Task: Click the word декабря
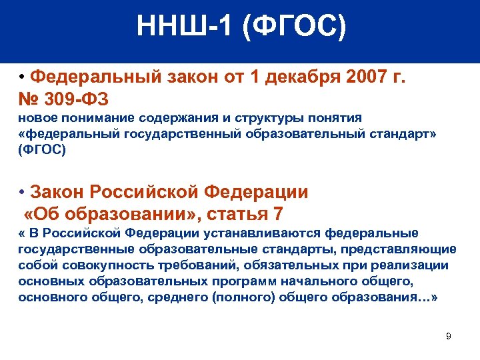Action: tap(304, 77)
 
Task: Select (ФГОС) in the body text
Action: tap(42, 150)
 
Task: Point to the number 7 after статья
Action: tap(278, 214)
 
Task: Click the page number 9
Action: tap(448, 336)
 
